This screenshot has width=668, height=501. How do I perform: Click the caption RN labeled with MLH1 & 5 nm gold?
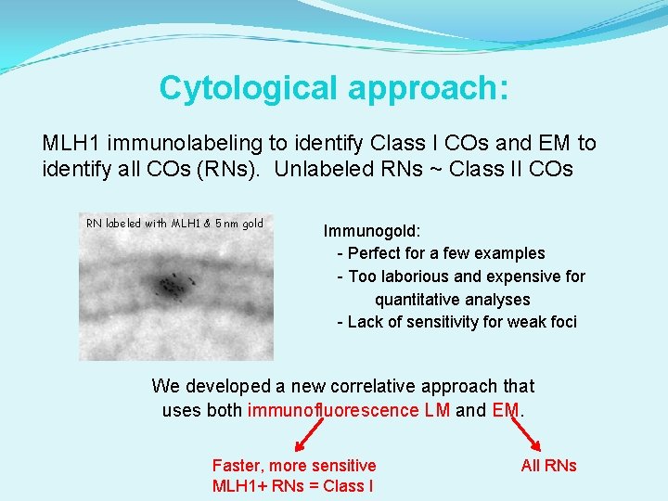pyautogui.click(x=174, y=223)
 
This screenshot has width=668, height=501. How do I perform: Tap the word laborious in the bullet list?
pyautogui.click(x=417, y=276)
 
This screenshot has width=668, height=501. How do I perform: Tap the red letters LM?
pyautogui.click(x=437, y=410)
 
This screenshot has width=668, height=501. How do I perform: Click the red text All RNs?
pyautogui.click(x=548, y=466)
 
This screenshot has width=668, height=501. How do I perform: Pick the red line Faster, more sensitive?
pyautogui.click(x=294, y=466)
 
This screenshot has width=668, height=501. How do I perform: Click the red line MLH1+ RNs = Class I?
pyautogui.click(x=293, y=485)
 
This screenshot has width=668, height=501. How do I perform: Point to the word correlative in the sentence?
pyautogui.click(x=383, y=386)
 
